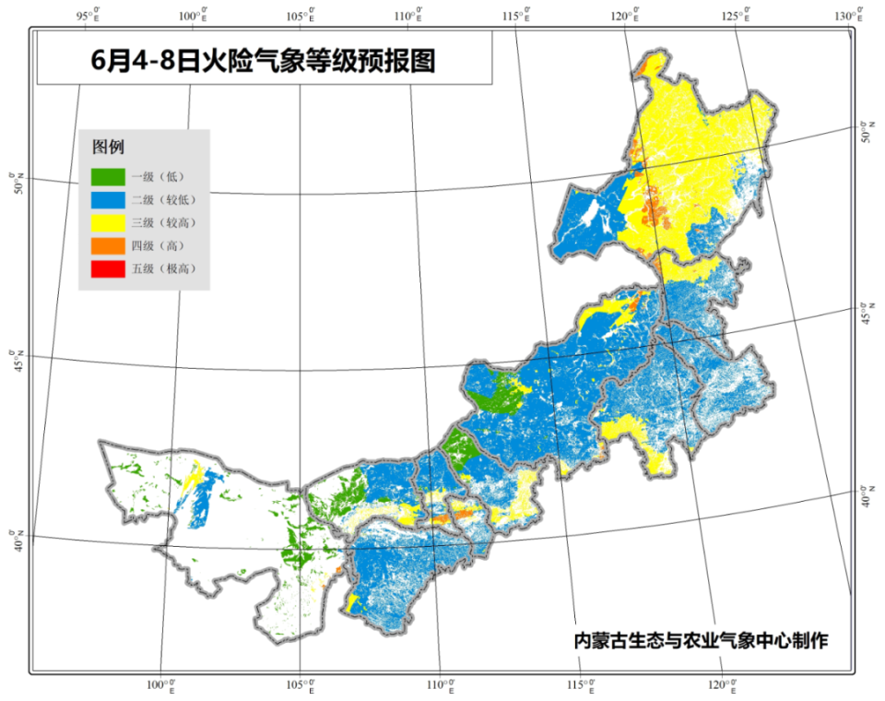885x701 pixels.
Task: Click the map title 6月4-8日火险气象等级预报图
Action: point(264,62)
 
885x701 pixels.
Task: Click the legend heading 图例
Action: point(108,148)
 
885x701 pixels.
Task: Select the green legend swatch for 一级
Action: point(107,175)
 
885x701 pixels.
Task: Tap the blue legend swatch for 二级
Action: point(107,198)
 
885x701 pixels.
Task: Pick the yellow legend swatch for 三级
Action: point(107,222)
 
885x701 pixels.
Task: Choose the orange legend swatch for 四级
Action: point(107,245)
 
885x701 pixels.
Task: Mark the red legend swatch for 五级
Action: point(107,268)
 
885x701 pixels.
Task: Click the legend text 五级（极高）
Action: point(164,268)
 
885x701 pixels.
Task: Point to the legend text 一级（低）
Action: point(159,175)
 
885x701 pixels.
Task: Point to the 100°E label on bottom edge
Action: point(163,686)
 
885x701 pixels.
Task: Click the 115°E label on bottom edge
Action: point(581,686)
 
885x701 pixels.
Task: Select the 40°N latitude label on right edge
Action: point(867,496)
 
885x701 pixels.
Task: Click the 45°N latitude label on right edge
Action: point(867,313)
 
